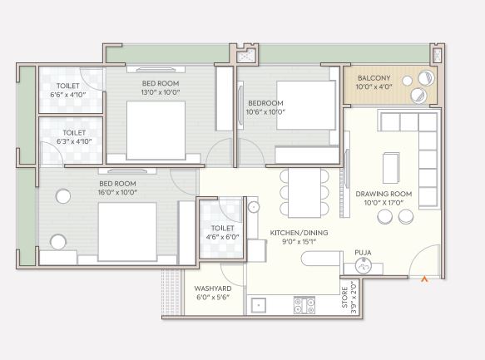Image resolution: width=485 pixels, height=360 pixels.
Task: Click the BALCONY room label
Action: pyautogui.click(x=374, y=78)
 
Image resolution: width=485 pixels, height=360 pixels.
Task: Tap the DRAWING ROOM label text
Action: pyautogui.click(x=384, y=194)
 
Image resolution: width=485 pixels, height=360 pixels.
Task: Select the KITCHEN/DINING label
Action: pyautogui.click(x=299, y=233)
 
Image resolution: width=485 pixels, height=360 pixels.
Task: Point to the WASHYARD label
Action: pyautogui.click(x=213, y=288)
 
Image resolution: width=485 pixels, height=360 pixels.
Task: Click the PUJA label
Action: pyautogui.click(x=363, y=253)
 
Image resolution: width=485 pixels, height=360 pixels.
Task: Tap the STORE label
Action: pyautogui.click(x=344, y=298)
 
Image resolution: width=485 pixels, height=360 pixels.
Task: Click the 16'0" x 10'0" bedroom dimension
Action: pyautogui.click(x=117, y=192)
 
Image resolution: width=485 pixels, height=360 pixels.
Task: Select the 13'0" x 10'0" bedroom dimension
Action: pyautogui.click(x=161, y=92)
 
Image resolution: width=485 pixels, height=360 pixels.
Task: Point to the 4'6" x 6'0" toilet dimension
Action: pyautogui.click(x=222, y=237)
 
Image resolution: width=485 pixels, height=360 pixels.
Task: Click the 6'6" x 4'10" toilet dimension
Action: pyautogui.click(x=68, y=95)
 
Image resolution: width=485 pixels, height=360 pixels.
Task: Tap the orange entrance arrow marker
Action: pyautogui.click(x=425, y=279)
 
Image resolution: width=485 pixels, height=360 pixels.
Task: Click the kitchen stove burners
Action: pyautogui.click(x=304, y=305)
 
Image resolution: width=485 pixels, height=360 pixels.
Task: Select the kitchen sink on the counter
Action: pyautogui.click(x=259, y=305)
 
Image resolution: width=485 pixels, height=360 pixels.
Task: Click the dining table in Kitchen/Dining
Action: pyautogui.click(x=304, y=193)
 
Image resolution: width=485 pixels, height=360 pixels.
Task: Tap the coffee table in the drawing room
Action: pyautogui.click(x=391, y=168)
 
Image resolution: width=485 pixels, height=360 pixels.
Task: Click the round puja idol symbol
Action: pyautogui.click(x=364, y=265)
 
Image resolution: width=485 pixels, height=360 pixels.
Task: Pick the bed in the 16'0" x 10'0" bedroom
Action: pyautogui.click(x=127, y=232)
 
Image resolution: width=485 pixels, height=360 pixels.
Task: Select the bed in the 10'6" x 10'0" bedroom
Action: pyautogui.click(x=306, y=105)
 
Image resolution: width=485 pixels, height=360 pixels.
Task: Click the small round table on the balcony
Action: pyautogui.click(x=408, y=81)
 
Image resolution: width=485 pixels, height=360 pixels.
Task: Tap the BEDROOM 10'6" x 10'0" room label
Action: pyautogui.click(x=265, y=107)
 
